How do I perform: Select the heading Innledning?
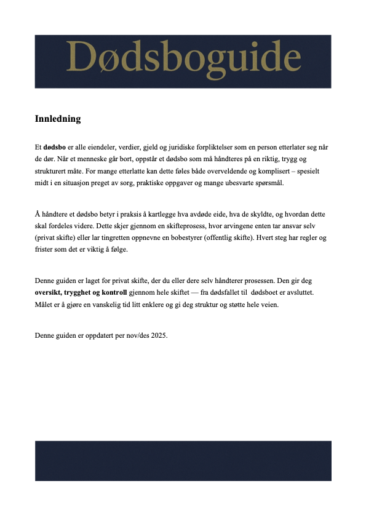coord(58,119)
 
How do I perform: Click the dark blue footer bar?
coord(183,460)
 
